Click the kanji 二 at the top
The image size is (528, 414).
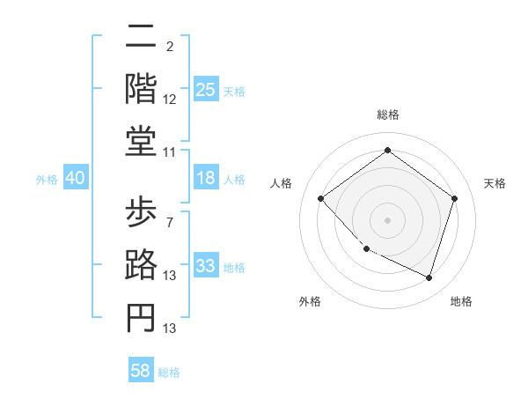[141, 40]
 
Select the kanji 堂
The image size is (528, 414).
[141, 140]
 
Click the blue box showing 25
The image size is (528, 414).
[206, 89]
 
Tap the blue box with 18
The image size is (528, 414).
[206, 178]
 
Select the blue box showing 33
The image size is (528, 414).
[206, 266]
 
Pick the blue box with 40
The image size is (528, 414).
[75, 178]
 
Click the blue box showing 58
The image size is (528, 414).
[141, 371]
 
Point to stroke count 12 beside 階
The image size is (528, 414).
[170, 100]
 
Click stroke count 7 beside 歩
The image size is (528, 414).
[169, 223]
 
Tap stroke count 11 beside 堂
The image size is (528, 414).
[170, 152]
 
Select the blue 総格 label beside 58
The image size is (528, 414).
[169, 373]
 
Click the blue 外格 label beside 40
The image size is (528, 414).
[47, 180]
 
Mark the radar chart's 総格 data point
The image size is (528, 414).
[387, 151]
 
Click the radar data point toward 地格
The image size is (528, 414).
[429, 277]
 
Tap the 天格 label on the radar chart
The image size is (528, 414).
[495, 183]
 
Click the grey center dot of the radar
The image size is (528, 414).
[387, 219]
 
